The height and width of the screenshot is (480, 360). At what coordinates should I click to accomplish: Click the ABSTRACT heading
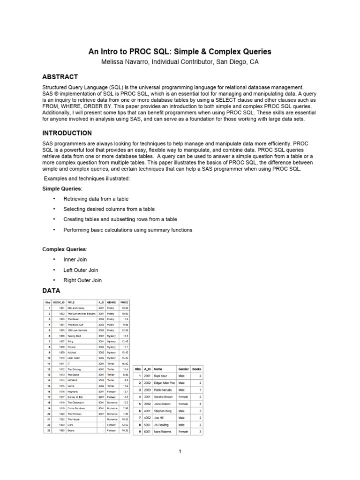tap(60, 77)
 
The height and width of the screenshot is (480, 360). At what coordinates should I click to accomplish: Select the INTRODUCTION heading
tap(67, 133)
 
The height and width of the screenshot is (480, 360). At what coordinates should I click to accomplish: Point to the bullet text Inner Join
tap(75, 259)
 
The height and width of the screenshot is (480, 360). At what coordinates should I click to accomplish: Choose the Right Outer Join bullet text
tap(82, 280)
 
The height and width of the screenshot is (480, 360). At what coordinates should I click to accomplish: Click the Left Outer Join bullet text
tap(81, 270)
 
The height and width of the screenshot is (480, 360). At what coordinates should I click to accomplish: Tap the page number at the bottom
tap(180, 451)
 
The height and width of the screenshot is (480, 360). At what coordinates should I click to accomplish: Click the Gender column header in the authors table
tap(183, 369)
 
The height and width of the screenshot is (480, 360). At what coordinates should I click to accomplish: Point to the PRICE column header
tap(124, 302)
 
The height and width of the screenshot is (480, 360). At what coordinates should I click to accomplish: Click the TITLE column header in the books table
tap(72, 302)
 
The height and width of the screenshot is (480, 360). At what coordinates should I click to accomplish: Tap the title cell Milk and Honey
tap(76, 308)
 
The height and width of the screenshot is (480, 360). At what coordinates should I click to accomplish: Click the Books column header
tap(197, 369)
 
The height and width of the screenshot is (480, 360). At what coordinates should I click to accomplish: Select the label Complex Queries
tap(65, 249)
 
